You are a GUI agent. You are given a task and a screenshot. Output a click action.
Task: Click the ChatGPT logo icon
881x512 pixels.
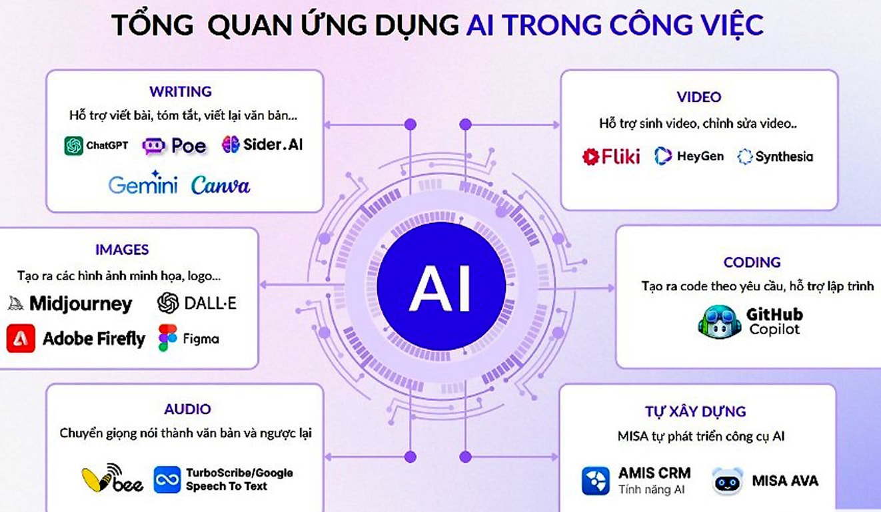click(73, 145)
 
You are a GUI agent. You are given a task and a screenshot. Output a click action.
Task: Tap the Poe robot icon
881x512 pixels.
click(153, 146)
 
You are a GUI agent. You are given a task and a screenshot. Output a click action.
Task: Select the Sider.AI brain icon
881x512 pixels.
click(231, 144)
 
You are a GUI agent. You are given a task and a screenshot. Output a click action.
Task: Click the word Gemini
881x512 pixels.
click(143, 184)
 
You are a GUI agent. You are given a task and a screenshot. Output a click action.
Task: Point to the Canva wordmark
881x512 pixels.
click(221, 184)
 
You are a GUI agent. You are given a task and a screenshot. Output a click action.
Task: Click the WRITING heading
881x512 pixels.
click(180, 91)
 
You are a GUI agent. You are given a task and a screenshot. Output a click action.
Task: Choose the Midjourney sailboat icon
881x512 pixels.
click(15, 304)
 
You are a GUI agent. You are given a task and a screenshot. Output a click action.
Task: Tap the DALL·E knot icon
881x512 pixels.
click(169, 304)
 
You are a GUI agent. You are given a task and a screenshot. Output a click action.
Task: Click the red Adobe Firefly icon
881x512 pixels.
click(21, 338)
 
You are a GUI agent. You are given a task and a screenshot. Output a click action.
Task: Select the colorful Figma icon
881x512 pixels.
click(167, 338)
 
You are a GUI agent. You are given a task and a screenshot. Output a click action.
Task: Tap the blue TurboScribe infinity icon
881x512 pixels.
click(167, 479)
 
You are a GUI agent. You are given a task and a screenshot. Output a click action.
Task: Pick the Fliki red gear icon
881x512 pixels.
click(591, 156)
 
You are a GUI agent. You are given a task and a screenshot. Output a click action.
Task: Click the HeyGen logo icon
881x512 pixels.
click(663, 156)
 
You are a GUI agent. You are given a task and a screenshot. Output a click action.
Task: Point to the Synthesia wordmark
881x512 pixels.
click(784, 157)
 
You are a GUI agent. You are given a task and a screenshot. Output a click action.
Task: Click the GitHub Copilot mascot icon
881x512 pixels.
click(719, 322)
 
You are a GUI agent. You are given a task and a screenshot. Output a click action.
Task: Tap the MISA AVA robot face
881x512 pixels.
click(727, 481)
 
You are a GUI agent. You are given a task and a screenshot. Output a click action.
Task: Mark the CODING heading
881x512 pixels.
click(752, 262)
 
